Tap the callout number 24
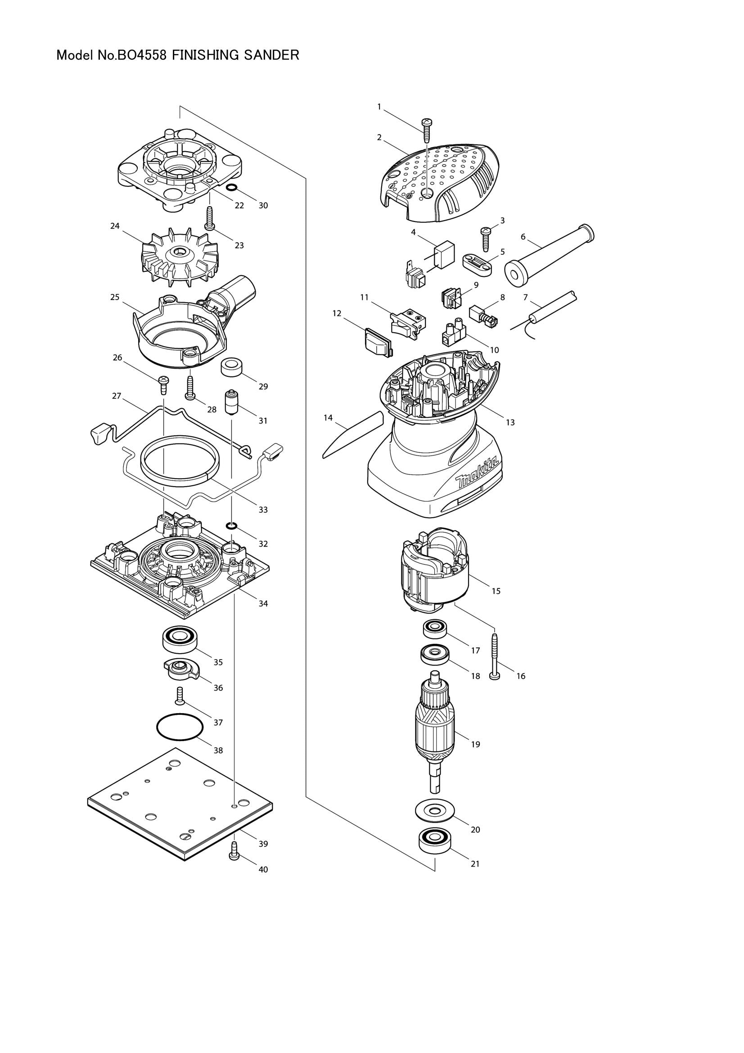[x=115, y=226]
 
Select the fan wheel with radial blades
[x=179, y=255]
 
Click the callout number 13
[x=510, y=422]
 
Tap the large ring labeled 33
[x=180, y=463]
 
